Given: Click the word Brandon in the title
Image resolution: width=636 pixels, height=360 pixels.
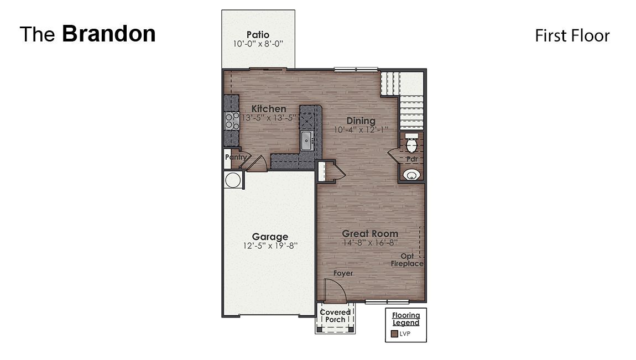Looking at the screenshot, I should [x=108, y=34].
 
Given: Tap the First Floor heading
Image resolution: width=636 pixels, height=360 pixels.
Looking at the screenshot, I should [x=572, y=36].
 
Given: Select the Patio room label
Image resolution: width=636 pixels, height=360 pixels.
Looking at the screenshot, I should [x=258, y=35].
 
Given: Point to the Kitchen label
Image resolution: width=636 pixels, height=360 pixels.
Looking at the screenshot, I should [x=269, y=109].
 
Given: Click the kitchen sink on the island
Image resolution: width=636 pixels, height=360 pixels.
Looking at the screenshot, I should [x=307, y=140].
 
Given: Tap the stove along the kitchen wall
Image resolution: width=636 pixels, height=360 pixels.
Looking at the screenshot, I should [x=231, y=121].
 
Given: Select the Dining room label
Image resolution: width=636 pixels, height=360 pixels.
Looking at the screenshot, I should [x=361, y=121].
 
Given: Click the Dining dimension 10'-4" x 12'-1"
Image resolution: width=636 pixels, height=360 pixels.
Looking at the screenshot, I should [x=361, y=130].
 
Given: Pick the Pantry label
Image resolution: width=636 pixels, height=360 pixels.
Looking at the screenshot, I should [x=235, y=157].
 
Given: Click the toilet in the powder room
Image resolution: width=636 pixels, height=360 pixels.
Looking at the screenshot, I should [x=411, y=145].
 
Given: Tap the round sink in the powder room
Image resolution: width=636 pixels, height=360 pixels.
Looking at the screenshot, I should [x=411, y=175].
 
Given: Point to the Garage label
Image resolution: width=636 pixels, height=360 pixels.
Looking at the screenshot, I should [x=270, y=237].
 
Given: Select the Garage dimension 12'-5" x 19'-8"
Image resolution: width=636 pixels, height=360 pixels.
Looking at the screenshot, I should [x=270, y=246].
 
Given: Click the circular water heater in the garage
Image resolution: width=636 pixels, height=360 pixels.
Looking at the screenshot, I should [x=233, y=180].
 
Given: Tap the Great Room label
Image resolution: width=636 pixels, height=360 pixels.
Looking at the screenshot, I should [x=369, y=233].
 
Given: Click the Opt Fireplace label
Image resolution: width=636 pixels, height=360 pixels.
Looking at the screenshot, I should [x=408, y=260].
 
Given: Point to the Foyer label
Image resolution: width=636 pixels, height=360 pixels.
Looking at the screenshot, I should [x=342, y=273].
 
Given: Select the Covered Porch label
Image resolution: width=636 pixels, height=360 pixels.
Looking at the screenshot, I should [x=335, y=316].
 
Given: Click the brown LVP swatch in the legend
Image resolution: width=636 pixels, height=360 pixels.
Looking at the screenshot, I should [x=394, y=334].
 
